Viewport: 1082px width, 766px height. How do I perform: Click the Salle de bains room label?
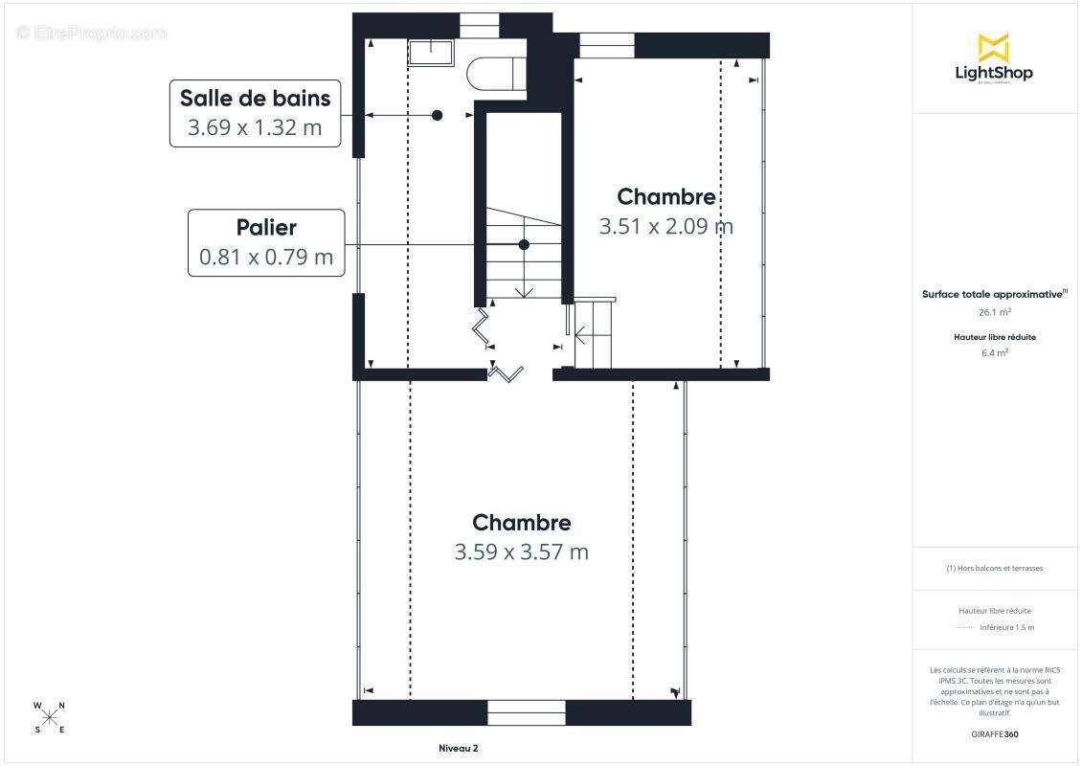click(255, 98)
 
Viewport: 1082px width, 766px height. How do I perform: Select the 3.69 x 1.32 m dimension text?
click(255, 127)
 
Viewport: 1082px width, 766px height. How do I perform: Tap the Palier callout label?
click(266, 227)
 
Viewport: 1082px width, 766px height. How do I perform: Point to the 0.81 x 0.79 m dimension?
click(266, 257)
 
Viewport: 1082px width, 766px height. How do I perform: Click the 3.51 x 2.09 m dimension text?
click(665, 226)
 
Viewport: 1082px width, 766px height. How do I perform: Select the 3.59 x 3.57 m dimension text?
click(521, 552)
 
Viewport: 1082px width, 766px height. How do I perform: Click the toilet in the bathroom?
click(497, 74)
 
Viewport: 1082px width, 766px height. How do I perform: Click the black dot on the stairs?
click(524, 245)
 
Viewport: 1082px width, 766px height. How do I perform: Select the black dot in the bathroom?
click(437, 115)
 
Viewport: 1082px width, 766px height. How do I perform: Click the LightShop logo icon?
click(993, 47)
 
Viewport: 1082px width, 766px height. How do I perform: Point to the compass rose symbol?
click(50, 718)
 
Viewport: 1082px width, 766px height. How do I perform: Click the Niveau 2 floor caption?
click(452, 749)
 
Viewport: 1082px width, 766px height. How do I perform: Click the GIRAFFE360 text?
click(995, 733)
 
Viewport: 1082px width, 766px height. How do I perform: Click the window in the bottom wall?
click(526, 713)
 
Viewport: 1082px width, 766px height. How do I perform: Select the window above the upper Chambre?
click(606, 44)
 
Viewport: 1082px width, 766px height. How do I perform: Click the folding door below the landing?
click(506, 372)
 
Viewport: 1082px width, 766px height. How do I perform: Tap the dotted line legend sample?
click(964, 627)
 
